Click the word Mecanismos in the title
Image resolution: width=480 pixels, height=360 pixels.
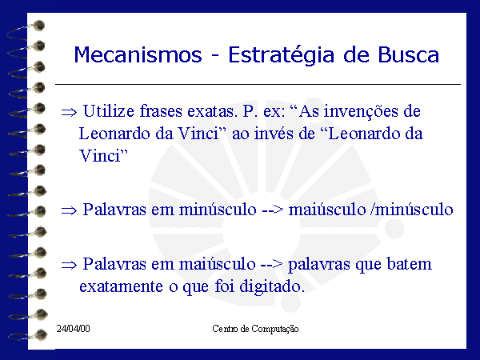(138, 55)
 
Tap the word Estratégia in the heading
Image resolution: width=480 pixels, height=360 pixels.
(282, 56)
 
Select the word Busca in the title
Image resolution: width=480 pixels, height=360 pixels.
(408, 55)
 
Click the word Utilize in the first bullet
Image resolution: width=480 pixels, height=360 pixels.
(108, 111)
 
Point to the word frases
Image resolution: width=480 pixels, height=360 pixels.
(161, 111)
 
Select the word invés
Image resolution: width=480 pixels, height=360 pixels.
(274, 134)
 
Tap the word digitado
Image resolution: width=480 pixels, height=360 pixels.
(272, 287)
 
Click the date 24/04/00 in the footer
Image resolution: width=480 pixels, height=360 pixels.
(73, 329)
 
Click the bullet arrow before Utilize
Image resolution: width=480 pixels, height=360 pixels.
(69, 112)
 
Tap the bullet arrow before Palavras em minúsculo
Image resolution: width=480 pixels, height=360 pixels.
(69, 210)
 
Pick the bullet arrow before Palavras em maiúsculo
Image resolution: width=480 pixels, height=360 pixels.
(69, 265)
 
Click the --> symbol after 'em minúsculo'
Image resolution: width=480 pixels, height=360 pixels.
(273, 210)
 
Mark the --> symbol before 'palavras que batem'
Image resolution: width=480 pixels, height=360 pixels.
(271, 265)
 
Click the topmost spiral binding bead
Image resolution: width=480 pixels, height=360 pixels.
(39, 26)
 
